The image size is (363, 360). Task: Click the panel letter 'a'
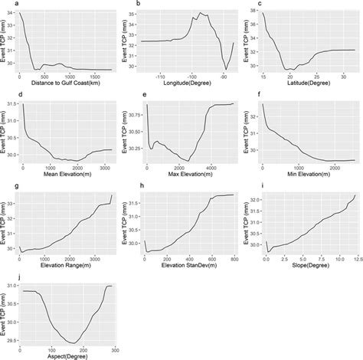[5, 4]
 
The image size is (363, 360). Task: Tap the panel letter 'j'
[5, 275]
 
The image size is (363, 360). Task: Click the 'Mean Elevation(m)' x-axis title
[68, 174]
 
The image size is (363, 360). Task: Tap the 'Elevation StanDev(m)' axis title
[189, 264]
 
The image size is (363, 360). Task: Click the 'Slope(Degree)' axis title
[309, 264]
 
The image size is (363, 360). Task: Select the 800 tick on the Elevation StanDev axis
[234, 257]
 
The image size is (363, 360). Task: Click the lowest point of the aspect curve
[72, 342]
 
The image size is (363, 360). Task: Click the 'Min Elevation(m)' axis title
[309, 174]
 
